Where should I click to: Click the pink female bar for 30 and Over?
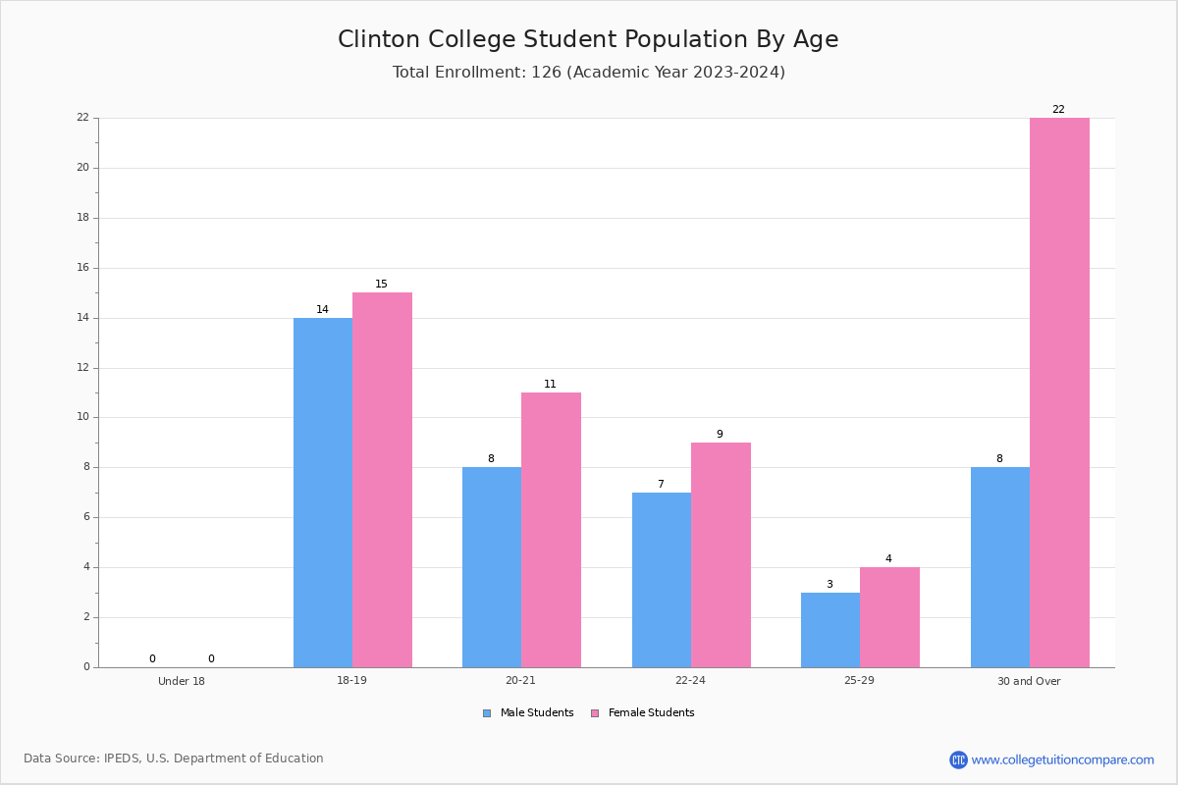pyautogui.click(x=1059, y=392)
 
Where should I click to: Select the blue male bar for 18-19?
pyautogui.click(x=323, y=493)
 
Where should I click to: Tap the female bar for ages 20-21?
pyautogui.click(x=551, y=530)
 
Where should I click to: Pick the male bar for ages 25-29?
pyautogui.click(x=830, y=630)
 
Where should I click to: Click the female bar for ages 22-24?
pyautogui.click(x=721, y=555)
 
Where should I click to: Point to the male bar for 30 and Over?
pyautogui.click(x=1000, y=567)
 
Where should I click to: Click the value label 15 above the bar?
pyautogui.click(x=381, y=284)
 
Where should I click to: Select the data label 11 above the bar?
pyautogui.click(x=550, y=384)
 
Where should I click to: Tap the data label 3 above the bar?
pyautogui.click(x=830, y=584)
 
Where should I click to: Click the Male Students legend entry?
pyautogui.click(x=528, y=712)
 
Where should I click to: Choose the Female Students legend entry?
pyautogui.click(x=643, y=712)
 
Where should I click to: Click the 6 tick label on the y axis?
pyautogui.click(x=86, y=517)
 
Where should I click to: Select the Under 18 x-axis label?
pyautogui.click(x=182, y=681)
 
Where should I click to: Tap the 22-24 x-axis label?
pyautogui.click(x=690, y=680)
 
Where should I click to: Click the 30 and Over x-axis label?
pyautogui.click(x=1029, y=681)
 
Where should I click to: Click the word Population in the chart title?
pyautogui.click(x=685, y=39)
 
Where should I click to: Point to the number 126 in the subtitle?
pyautogui.click(x=547, y=72)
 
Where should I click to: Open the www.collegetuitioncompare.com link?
pyautogui.click(x=1063, y=759)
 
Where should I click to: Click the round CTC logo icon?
pyautogui.click(x=958, y=759)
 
